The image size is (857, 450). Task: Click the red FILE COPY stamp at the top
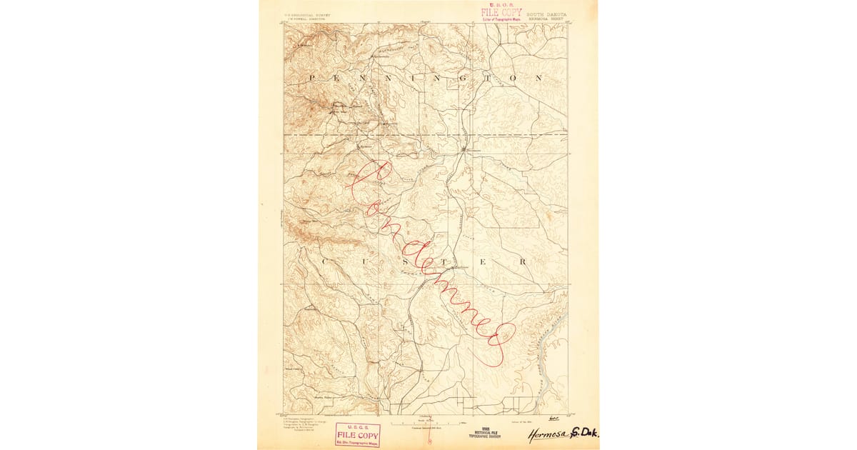pyautogui.click(x=501, y=11)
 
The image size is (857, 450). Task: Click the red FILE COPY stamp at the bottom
pyautogui.click(x=358, y=434)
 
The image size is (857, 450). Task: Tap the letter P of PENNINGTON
pyautogui.click(x=313, y=76)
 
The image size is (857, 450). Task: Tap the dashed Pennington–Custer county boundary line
pyautogui.click(x=400, y=134)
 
